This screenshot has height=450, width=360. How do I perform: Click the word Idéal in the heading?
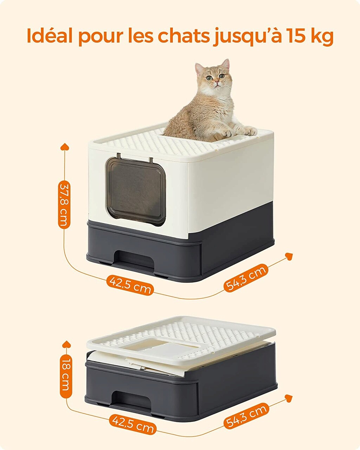pyautogui.click(x=50, y=36)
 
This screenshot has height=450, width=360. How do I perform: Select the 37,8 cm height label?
pyautogui.click(x=64, y=205)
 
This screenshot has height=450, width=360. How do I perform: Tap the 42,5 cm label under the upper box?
pyautogui.click(x=130, y=285)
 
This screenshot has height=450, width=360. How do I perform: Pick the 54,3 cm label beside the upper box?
pyautogui.click(x=246, y=278)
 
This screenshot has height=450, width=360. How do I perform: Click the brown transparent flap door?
pyautogui.click(x=136, y=191)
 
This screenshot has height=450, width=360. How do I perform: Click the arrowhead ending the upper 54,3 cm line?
pyautogui.click(x=289, y=256)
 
